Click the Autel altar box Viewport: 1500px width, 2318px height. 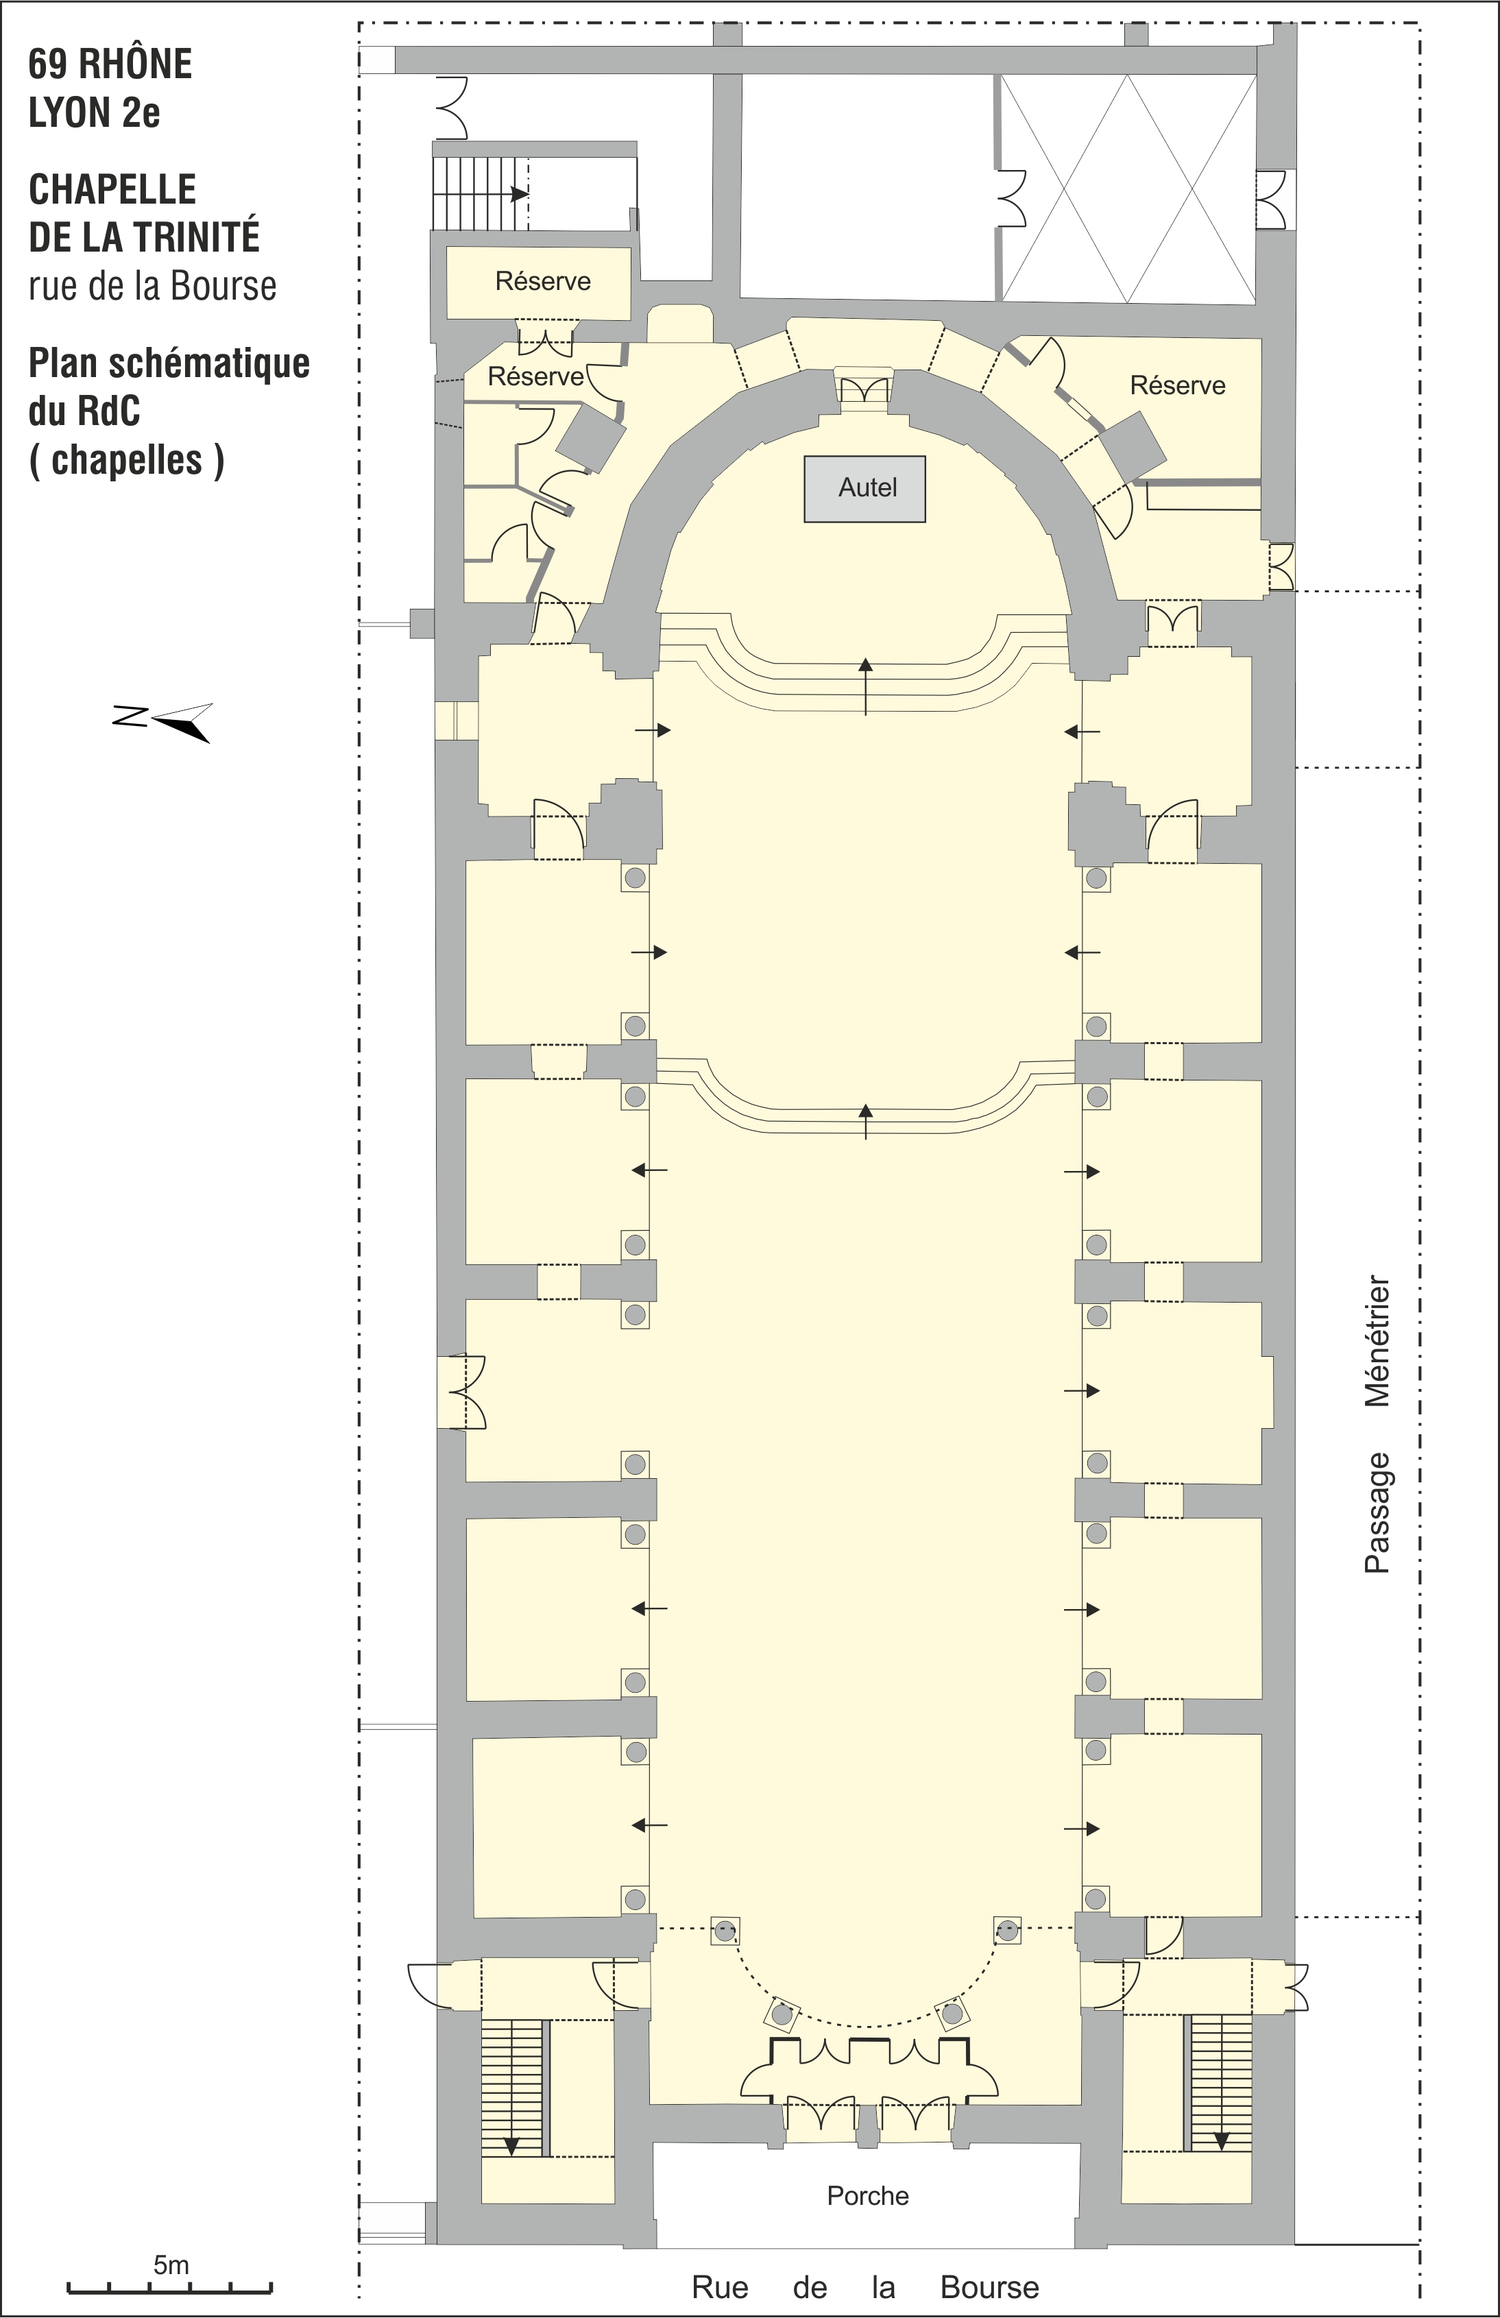pyautogui.click(x=864, y=489)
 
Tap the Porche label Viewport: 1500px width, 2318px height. pyautogui.click(x=868, y=2195)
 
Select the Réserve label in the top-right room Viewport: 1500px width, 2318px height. pyautogui.click(x=1178, y=386)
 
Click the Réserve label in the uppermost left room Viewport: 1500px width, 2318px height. pyautogui.click(x=542, y=282)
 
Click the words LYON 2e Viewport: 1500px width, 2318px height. pyautogui.click(x=95, y=113)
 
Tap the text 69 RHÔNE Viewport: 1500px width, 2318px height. pyautogui.click(x=110, y=64)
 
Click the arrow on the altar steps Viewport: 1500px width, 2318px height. pyautogui.click(x=865, y=687)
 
